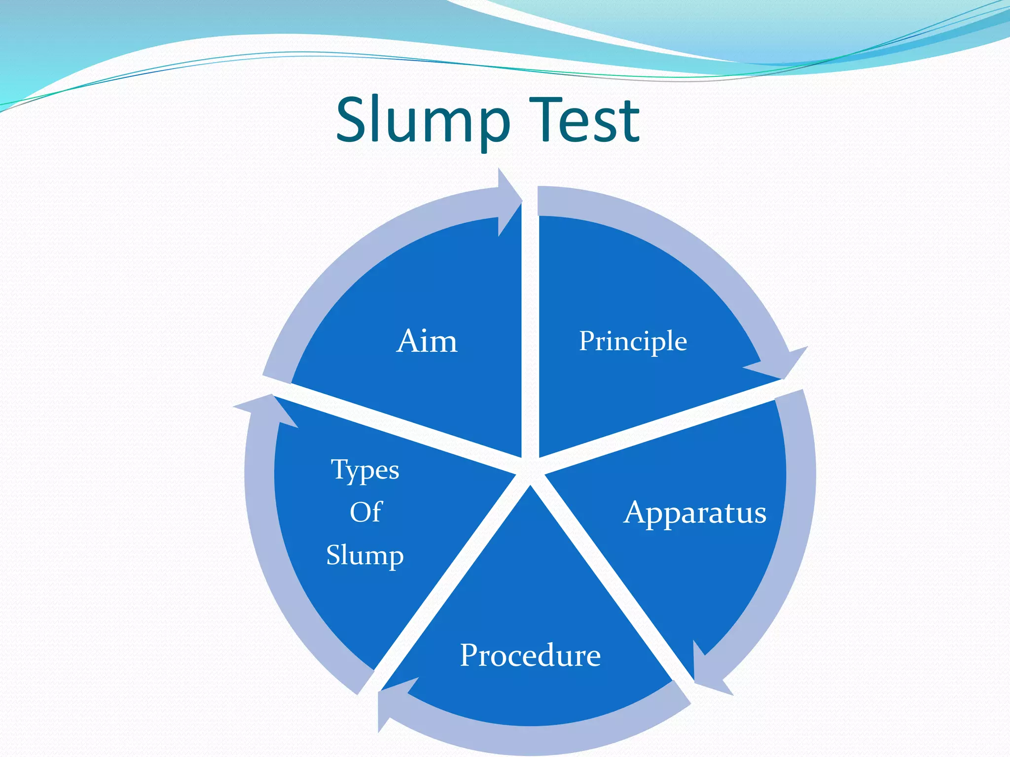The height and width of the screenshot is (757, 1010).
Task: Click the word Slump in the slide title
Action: tap(423, 121)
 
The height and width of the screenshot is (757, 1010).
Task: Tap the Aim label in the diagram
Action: tap(427, 341)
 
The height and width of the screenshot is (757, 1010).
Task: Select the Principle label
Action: tap(633, 342)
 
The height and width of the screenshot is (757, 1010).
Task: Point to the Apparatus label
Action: tap(695, 513)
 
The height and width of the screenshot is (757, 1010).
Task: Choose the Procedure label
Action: tap(530, 655)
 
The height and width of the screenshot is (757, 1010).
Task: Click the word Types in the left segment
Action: tap(365, 470)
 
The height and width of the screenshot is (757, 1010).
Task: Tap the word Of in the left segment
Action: tap(366, 512)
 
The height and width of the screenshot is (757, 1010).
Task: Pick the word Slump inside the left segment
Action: tap(365, 555)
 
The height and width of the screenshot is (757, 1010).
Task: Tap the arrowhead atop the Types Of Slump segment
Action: tap(266, 409)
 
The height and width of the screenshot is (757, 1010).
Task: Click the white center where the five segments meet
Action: tap(530, 471)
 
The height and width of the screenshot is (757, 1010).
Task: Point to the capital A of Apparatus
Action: tap(636, 512)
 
